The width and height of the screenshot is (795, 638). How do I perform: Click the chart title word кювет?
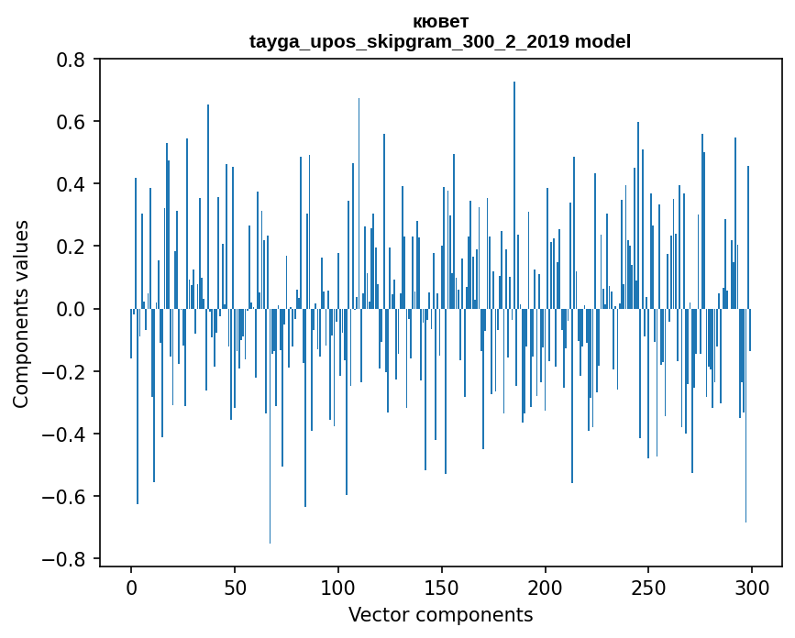click(440, 21)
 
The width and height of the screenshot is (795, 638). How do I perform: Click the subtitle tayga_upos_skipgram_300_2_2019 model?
click(440, 41)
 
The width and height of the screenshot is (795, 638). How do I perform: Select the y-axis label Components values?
click(21, 313)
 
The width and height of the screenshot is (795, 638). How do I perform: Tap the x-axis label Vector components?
click(440, 614)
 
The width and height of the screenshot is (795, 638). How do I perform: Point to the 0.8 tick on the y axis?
click(71, 60)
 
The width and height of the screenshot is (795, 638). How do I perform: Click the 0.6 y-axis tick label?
click(71, 122)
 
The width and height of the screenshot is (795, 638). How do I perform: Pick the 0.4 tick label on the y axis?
click(71, 184)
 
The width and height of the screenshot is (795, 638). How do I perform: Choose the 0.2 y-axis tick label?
click(71, 247)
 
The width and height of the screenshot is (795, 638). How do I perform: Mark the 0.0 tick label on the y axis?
click(71, 309)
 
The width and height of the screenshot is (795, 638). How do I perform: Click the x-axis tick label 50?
click(235, 587)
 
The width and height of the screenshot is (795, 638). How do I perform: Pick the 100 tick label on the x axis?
click(338, 587)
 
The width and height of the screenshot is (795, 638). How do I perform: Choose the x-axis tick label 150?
click(442, 587)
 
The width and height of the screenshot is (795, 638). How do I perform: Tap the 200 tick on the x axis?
click(546, 587)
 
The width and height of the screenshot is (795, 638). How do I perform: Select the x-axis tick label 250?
click(648, 587)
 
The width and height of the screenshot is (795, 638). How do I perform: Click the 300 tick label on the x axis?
click(752, 587)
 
